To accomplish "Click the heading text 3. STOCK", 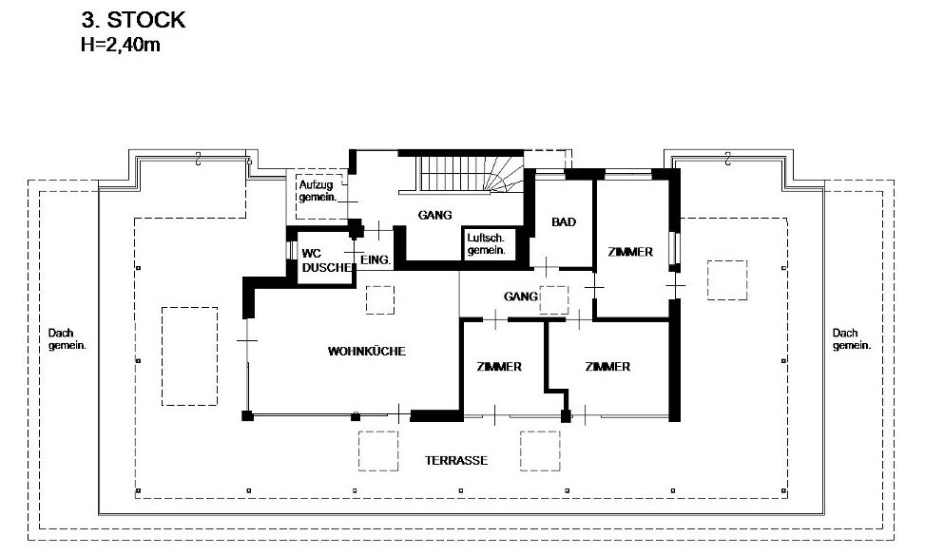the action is point(134,20).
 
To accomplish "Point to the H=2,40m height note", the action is point(121,45).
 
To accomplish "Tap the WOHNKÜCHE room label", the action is point(367,351).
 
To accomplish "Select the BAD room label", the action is point(564,222).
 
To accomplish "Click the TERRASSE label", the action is point(456,460).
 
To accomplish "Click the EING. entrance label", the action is point(376,260).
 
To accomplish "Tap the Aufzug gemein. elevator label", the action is point(318,191).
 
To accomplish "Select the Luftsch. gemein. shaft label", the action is point(487,243).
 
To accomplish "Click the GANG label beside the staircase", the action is point(434,215).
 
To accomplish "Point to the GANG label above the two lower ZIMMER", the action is point(521,296).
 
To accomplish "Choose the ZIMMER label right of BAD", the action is point(630,252).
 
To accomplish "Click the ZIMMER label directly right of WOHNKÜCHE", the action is point(499,367).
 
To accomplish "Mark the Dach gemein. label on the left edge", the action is point(67,338).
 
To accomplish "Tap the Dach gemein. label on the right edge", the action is point(851,338).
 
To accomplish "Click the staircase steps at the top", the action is point(471,173).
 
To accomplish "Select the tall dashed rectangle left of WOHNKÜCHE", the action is point(189,356).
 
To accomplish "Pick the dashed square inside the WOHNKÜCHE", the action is point(380,300).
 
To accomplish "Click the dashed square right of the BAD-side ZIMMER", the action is point(727,279).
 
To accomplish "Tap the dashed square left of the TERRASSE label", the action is point(378,451).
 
